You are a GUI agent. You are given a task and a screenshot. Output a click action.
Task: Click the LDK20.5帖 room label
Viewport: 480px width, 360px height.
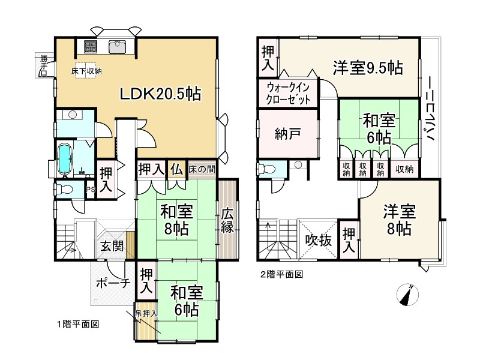160,94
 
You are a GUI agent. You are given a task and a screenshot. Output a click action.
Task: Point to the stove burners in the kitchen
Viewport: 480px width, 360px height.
91,46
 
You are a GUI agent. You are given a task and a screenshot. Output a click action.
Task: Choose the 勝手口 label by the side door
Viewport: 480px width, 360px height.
43,65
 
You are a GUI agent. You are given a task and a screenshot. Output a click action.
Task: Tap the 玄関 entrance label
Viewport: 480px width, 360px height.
112,246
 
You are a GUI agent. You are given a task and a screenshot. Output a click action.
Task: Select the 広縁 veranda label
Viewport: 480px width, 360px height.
227,220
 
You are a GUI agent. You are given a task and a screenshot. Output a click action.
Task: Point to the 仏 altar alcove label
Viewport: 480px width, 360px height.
176,169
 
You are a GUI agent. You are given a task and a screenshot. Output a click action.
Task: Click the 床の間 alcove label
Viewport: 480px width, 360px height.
201,169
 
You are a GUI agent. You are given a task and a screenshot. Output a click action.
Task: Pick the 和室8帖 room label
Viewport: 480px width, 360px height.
176,220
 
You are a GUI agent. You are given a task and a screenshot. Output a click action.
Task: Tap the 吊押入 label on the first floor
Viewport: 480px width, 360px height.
145,313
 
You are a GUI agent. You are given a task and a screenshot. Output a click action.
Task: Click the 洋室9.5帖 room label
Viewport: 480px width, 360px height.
368,68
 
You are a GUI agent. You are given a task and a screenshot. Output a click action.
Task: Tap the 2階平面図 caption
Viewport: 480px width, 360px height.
282,274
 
